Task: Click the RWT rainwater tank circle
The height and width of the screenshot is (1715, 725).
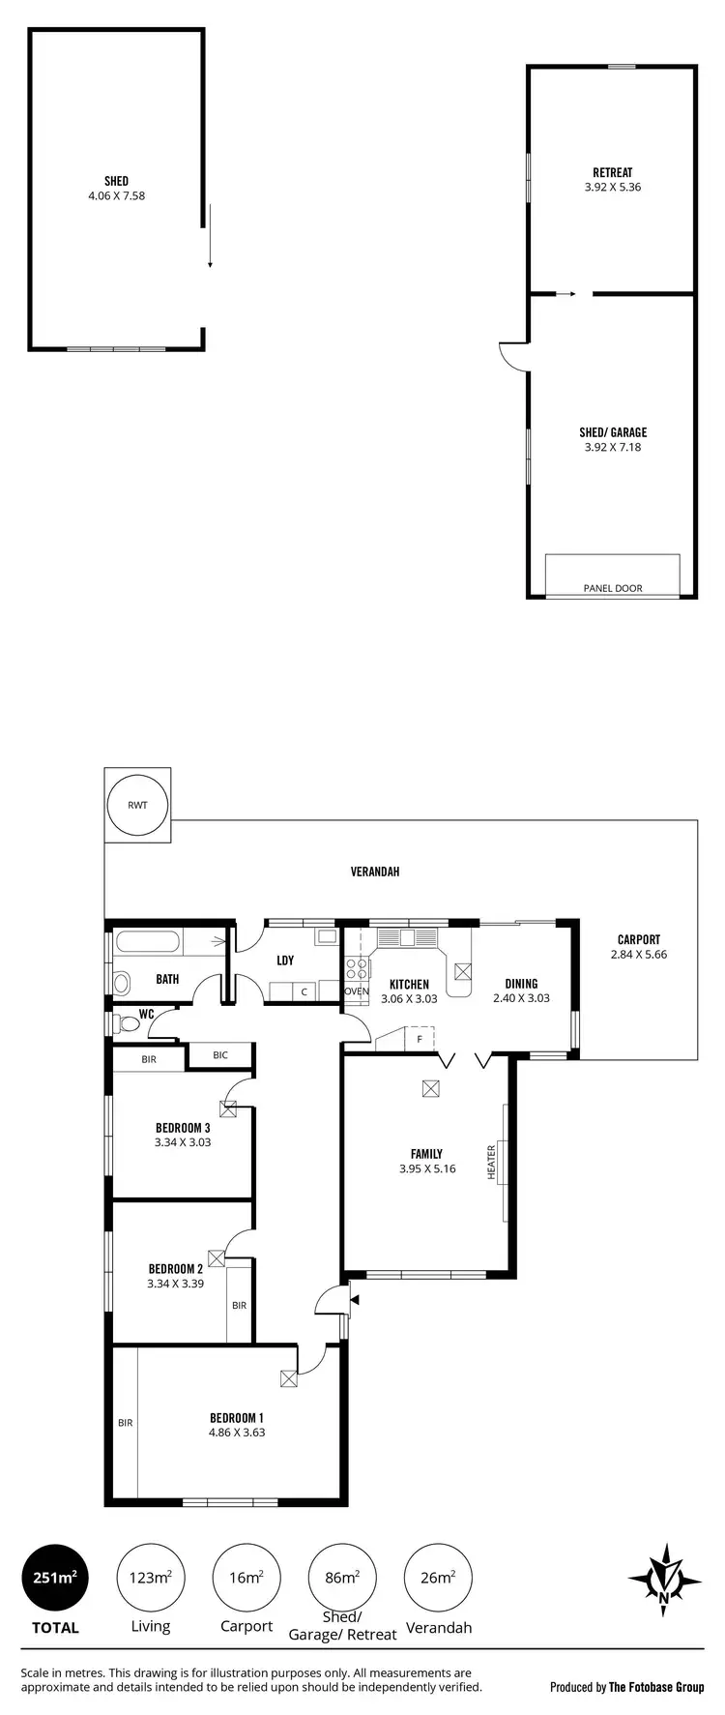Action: point(137,805)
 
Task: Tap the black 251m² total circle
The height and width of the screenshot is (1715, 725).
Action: point(54,1577)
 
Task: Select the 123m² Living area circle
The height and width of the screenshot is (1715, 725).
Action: point(150,1577)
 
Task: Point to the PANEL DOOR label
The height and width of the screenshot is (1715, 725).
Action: point(612,588)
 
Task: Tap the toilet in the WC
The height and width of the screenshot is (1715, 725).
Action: point(124,1023)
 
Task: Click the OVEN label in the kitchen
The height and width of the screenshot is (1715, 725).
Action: point(356,991)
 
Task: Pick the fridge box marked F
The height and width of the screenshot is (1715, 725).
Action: point(419,1040)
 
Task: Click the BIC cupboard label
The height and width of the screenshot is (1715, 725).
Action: point(220,1055)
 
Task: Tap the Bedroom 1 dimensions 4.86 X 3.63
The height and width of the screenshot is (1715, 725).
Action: point(236,1433)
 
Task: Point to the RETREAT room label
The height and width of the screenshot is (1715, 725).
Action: point(612,173)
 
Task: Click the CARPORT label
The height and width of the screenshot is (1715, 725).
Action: point(638,939)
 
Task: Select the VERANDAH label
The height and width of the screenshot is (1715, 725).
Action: point(375,872)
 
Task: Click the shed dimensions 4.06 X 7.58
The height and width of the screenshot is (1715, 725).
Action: point(116,195)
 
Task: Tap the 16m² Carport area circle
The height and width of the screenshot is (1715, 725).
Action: point(246,1577)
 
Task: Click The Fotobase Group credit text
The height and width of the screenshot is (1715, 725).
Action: point(655,1688)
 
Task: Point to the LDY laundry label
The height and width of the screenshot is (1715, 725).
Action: point(285,961)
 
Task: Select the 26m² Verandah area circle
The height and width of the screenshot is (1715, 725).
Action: point(437,1577)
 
